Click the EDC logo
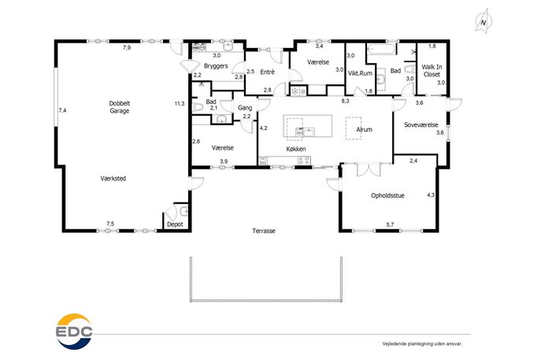[74, 332]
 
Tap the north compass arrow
[484, 21]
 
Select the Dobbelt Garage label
[120, 107]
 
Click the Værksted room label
[113, 179]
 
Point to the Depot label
[175, 225]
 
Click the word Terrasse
[264, 231]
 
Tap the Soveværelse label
[421, 124]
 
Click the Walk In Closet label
[432, 70]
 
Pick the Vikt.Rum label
[360, 73]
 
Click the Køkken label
[296, 149]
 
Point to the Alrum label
[365, 129]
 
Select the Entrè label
[268, 72]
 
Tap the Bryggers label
[216, 66]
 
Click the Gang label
[245, 108]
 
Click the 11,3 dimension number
[180, 103]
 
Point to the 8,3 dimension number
[346, 101]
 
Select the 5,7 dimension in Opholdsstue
[390, 225]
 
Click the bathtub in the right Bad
[381, 50]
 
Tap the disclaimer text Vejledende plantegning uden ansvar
[422, 343]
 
